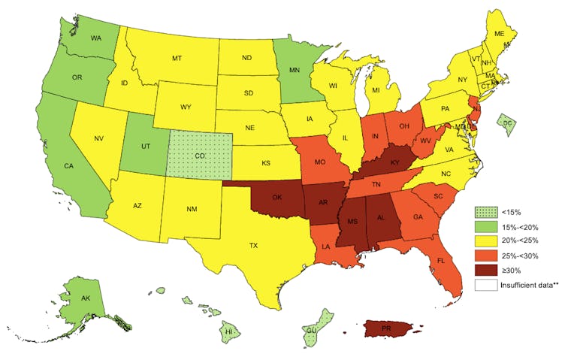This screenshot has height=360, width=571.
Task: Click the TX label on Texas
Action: [253, 246]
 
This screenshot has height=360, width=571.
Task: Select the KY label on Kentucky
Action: [393, 162]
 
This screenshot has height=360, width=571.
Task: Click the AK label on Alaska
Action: [87, 298]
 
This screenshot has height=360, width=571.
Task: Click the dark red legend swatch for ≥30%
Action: [485, 271]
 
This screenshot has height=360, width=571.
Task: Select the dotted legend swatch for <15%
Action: [485, 212]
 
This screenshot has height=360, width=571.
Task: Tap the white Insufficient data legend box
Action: [485, 285]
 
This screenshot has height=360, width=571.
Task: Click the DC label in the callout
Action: [507, 123]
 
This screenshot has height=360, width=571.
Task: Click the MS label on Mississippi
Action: [348, 222]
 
